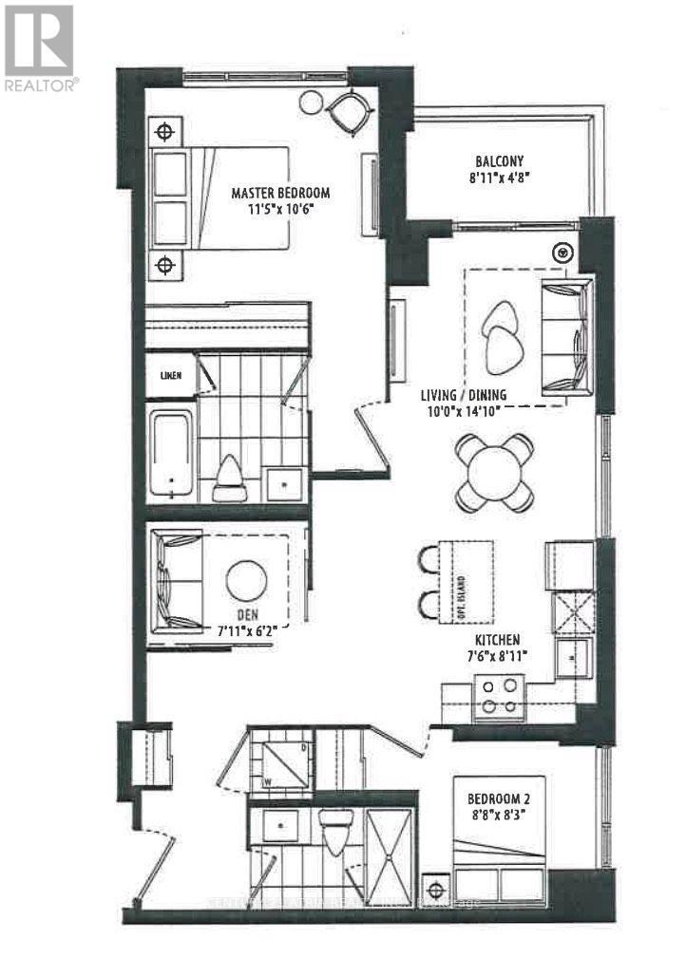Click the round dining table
[494, 472]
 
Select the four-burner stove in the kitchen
[500, 695]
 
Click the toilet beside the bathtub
[230, 478]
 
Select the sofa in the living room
[565, 337]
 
